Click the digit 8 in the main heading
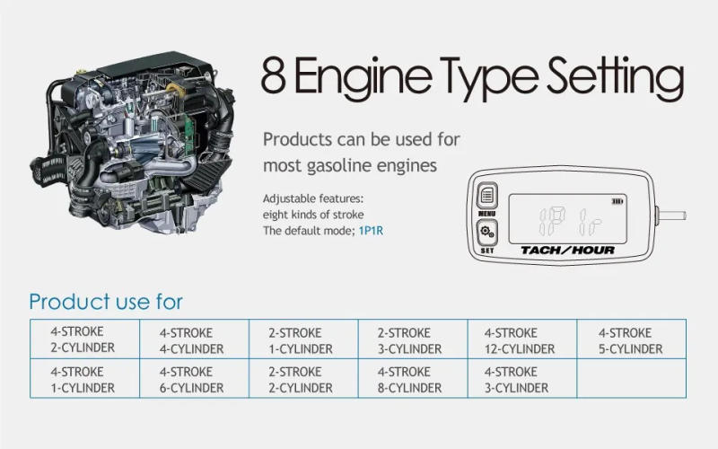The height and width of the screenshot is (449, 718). tap(274, 75)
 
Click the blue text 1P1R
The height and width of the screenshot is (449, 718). tap(371, 230)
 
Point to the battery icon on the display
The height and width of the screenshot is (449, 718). tap(617, 201)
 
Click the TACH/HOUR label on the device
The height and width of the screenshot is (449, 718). tap(567, 251)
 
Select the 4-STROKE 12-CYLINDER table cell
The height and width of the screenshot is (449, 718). tap(522, 339)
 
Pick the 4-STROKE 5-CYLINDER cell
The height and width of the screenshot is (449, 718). tap(632, 339)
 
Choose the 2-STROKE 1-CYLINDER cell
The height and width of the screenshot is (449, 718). tap(303, 339)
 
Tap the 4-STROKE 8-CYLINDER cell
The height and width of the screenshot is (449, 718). tap(413, 378)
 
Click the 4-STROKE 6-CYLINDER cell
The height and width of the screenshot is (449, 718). tap(194, 378)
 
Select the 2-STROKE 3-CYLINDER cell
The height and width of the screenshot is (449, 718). tap(413, 339)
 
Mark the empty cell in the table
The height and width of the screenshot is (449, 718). tap(632, 378)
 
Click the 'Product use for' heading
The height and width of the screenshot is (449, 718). tap(106, 302)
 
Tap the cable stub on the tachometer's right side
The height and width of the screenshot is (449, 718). tap(671, 215)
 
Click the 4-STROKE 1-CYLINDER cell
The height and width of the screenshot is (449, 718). tap(84, 378)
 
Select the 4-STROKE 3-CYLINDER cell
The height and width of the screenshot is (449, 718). tap(522, 378)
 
